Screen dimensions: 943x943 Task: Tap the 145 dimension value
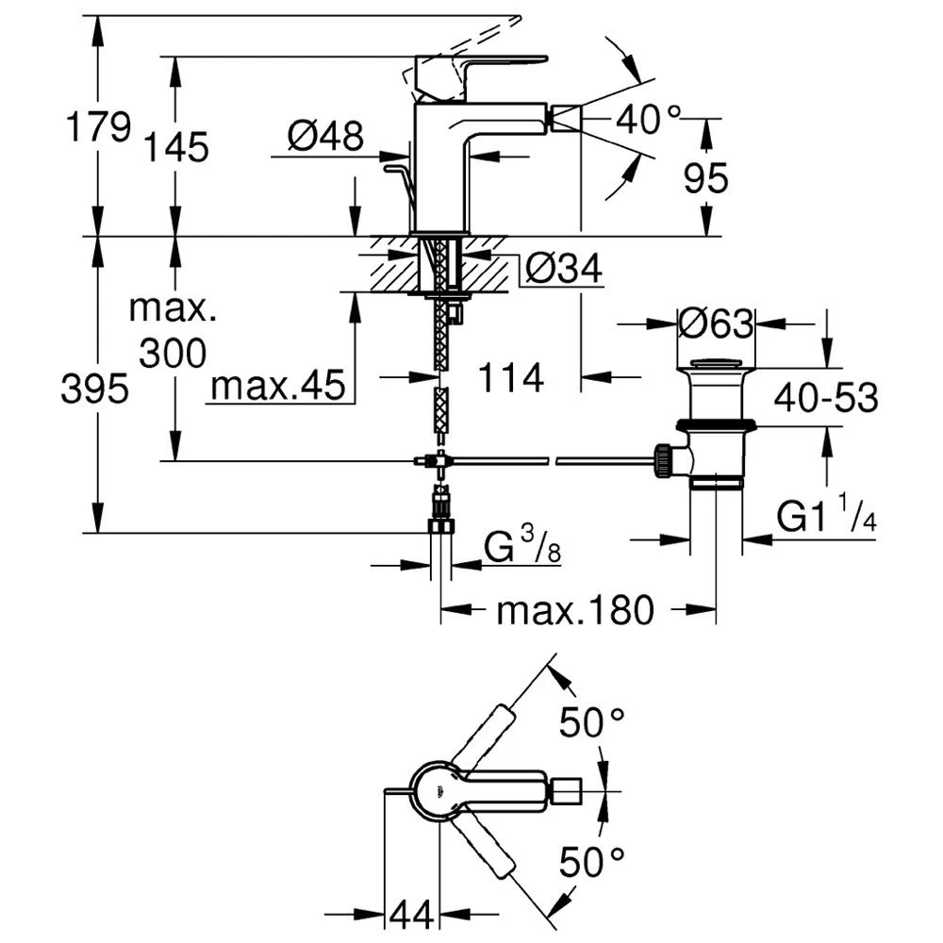coord(176,147)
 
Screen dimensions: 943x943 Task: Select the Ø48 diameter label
coord(325,137)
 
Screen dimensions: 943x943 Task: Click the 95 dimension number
coord(706,177)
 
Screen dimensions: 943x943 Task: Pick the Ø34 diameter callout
coord(562,271)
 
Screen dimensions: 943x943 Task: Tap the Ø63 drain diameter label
coord(716,324)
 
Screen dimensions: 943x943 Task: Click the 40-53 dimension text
coord(826,398)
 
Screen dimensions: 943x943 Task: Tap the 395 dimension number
coord(95,388)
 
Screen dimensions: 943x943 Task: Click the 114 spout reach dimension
coord(511,379)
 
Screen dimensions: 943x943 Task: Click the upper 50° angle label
coord(591,724)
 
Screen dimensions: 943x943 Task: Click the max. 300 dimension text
coord(173,331)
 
